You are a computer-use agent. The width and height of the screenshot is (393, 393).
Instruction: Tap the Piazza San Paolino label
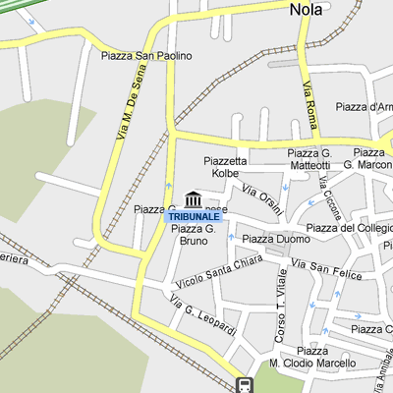[x=146, y=56]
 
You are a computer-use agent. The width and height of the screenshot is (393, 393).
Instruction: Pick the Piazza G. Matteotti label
[x=309, y=159]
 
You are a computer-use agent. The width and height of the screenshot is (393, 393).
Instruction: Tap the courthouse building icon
[x=194, y=199]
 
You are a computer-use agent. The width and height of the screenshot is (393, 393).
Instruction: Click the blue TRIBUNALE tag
[x=194, y=216]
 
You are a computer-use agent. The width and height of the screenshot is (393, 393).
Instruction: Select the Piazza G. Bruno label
[x=192, y=234]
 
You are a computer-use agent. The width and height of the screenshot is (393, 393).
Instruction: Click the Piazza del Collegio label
[x=349, y=229]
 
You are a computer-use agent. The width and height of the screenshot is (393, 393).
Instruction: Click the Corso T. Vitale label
[x=279, y=314]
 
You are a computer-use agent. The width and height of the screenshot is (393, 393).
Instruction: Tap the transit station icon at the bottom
[x=244, y=384]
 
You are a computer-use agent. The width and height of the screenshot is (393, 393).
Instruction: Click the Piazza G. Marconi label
[x=372, y=159]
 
